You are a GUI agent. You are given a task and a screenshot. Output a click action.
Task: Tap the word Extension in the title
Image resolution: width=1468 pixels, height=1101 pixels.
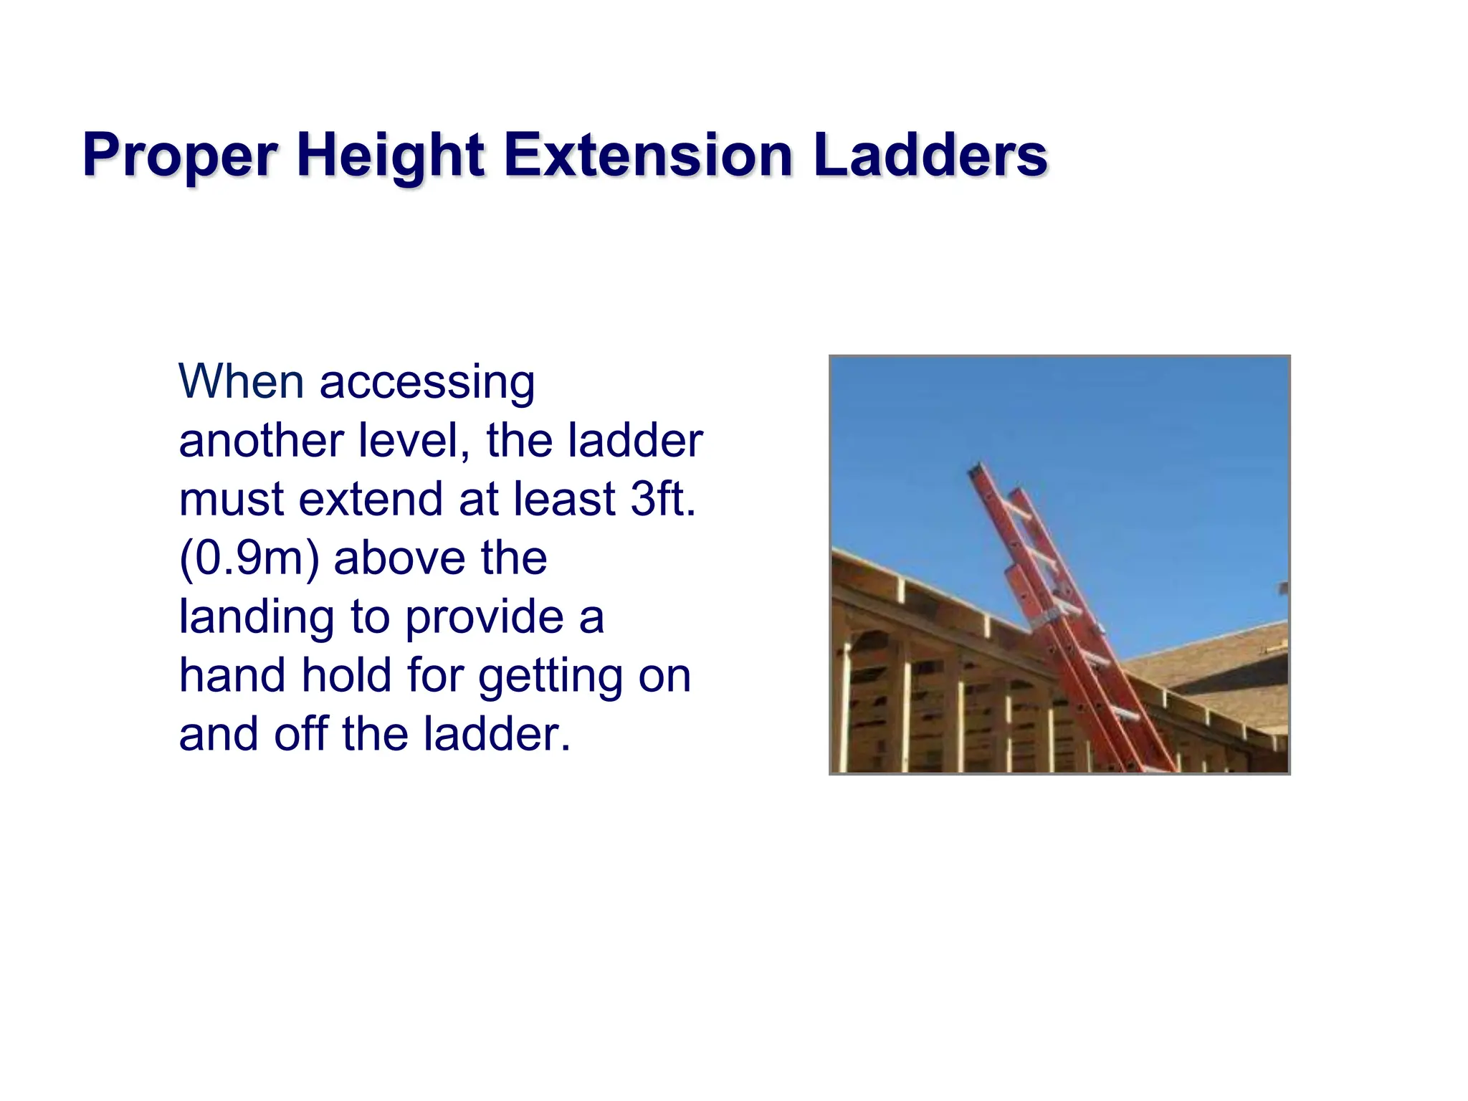[649, 155]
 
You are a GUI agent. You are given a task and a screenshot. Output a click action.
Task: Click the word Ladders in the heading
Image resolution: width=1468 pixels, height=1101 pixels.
[930, 155]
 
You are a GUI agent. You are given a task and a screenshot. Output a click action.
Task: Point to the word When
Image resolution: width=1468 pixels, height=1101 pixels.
[241, 381]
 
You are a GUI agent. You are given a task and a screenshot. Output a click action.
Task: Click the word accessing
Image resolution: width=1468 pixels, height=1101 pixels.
[427, 383]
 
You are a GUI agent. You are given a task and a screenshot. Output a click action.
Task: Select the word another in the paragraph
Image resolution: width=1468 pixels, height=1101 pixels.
[261, 440]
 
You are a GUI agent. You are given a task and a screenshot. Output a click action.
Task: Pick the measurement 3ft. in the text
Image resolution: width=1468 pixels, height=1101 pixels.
[663, 499]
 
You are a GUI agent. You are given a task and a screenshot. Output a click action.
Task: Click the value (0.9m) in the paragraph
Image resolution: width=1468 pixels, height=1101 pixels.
[249, 558]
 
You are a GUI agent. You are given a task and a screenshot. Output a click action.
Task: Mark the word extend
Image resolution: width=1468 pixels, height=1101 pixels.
[371, 499]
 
